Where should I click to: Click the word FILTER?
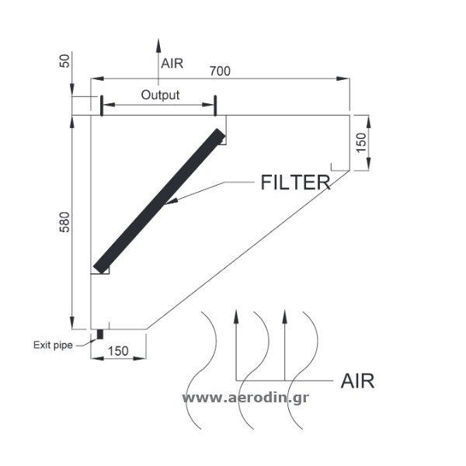tap(296, 183)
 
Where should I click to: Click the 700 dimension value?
tap(220, 71)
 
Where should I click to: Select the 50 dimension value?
tap(64, 61)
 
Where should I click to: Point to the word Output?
tap(160, 96)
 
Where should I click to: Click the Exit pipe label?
tap(52, 345)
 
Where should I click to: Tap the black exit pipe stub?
tap(100, 336)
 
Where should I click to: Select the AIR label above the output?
tap(172, 64)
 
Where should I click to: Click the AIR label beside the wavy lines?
tap(357, 381)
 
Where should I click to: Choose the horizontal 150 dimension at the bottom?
tap(117, 350)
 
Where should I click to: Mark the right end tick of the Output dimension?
tap(214, 106)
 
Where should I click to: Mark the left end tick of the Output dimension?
tap(102, 106)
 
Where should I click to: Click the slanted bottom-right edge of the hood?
tap(249, 249)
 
